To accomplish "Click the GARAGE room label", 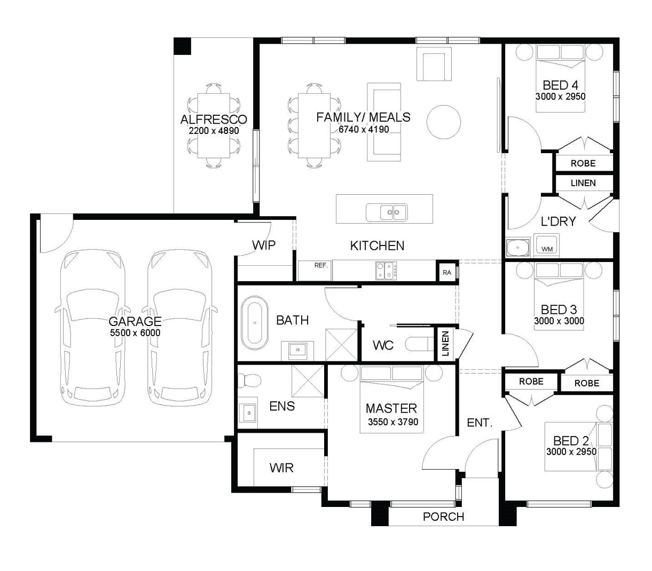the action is coord(135,321).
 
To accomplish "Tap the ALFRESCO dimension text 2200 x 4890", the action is coord(214,131).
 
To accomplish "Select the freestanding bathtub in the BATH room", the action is coord(255,323).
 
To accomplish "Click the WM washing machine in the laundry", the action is coord(546,245).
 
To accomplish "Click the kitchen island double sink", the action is coord(387,212).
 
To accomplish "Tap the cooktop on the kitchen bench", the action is coord(386,271).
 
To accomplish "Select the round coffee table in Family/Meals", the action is coord(443,122).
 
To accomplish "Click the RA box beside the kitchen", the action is coord(447,273).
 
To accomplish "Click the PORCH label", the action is coord(443,517).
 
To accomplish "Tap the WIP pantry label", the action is coord(264,245).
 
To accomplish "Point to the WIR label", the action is coord(281,467).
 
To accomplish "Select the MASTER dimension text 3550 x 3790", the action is coord(393,422).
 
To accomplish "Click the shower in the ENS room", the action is coord(308,381).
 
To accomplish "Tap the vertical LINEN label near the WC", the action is coord(445,344).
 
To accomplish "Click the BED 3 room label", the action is coord(559,310).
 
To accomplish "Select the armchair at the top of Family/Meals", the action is coord(434,64).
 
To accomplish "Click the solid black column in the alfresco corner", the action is coord(183,46).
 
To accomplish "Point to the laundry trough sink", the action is coord(518,248).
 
